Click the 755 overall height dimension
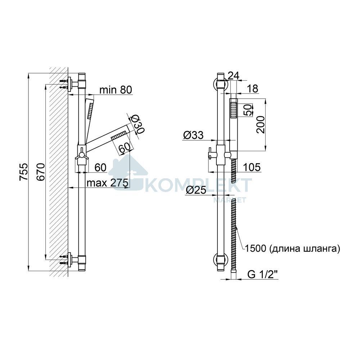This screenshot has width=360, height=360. coord(24,171)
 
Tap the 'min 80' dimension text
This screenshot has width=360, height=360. coord(116,90)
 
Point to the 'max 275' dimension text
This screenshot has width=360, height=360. coord(107,183)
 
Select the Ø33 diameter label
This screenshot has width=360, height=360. coord(193,135)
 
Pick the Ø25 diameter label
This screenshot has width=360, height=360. coord(196,190)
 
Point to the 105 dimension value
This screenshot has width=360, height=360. coord(252,167)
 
